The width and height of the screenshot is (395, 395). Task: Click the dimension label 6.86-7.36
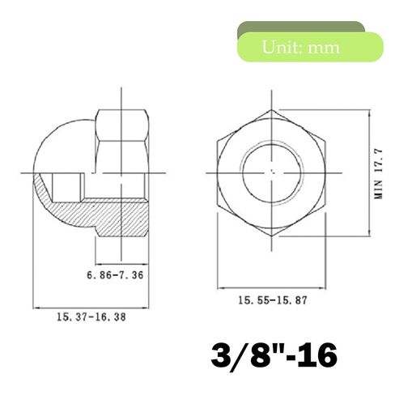pyautogui.click(x=115, y=275)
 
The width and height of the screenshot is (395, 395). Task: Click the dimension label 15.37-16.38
pyautogui.click(x=91, y=316)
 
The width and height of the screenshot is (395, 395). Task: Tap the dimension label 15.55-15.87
pyautogui.click(x=273, y=300)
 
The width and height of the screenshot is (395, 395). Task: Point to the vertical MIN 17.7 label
pyautogui.click(x=378, y=173)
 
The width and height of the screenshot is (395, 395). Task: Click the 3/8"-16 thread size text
pyautogui.click(x=274, y=355)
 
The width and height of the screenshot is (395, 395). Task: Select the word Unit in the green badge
pyautogui.click(x=282, y=47)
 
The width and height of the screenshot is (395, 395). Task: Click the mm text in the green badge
pyautogui.click(x=324, y=49)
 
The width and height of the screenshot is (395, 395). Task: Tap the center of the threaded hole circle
pyautogui.click(x=272, y=172)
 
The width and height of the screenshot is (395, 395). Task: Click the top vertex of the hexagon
pyautogui.click(x=272, y=110)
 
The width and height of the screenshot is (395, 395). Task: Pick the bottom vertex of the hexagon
pyautogui.click(x=272, y=236)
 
